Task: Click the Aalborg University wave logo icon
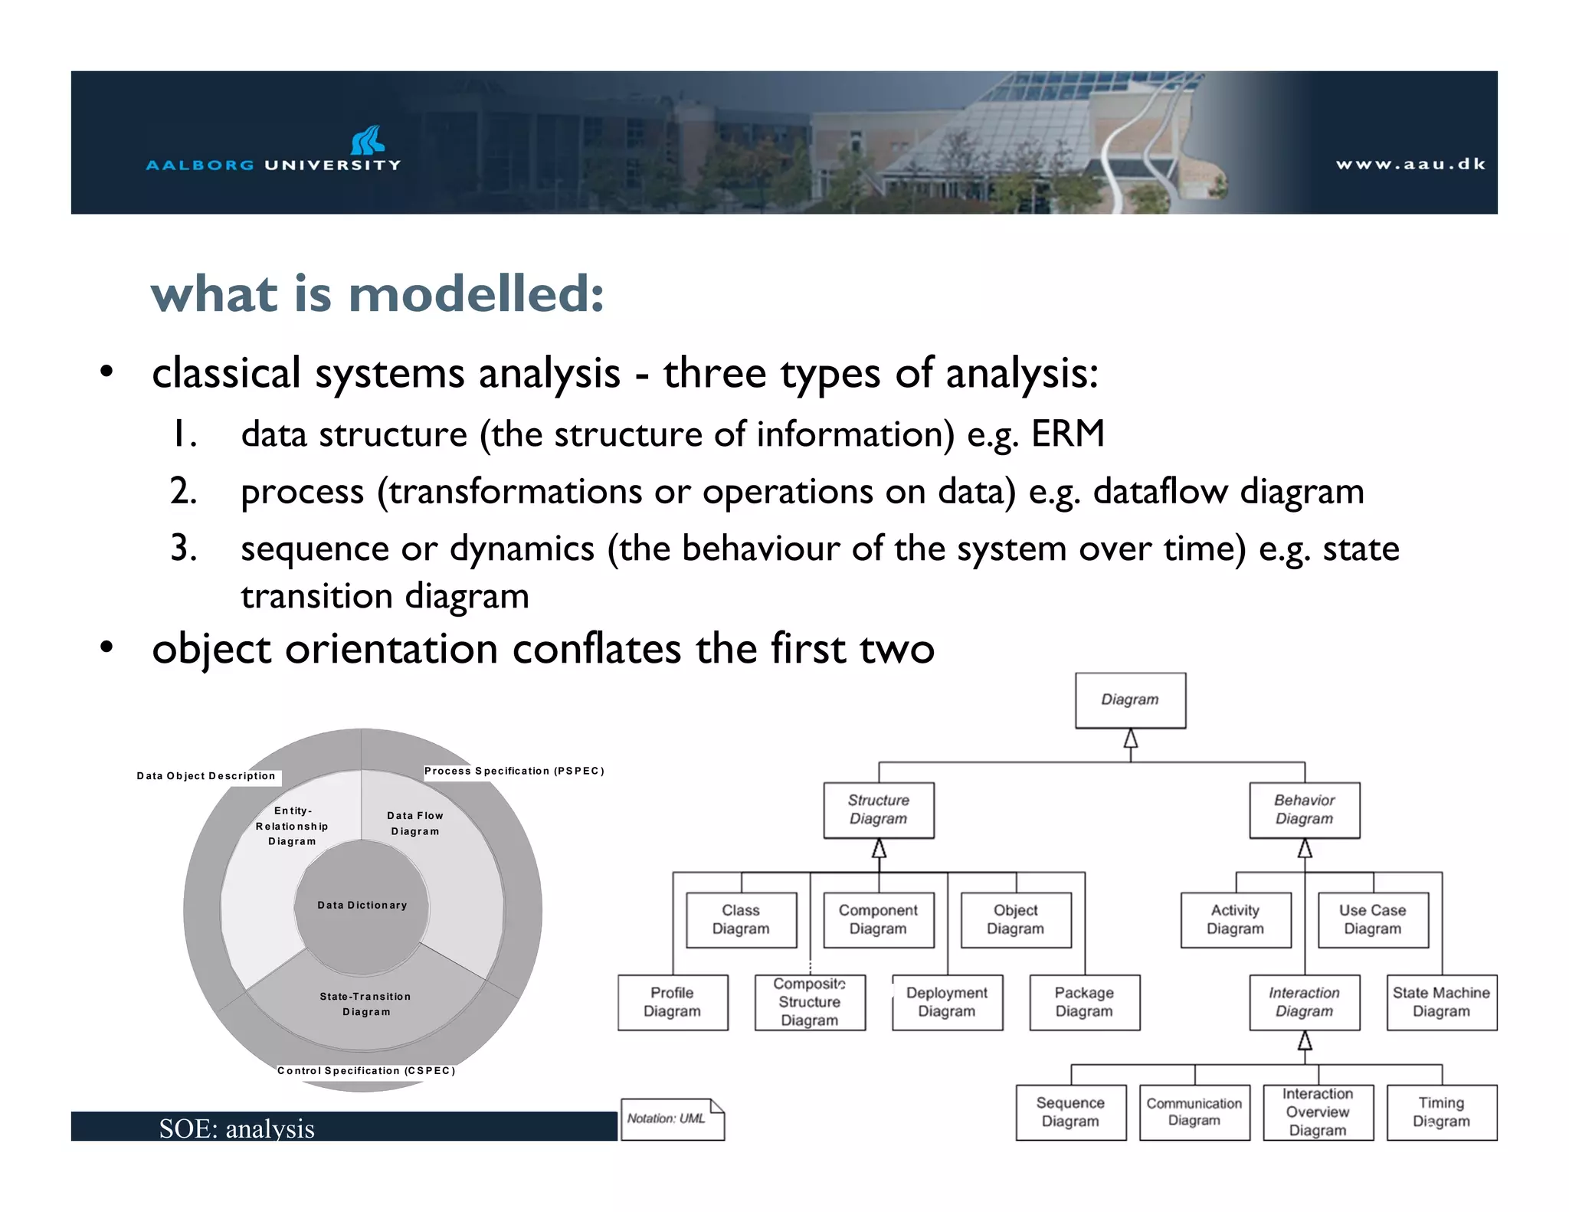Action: tap(367, 140)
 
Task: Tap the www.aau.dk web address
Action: tap(1410, 164)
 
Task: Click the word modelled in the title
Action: tap(476, 294)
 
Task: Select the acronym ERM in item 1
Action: tap(1068, 434)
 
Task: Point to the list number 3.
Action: tap(183, 549)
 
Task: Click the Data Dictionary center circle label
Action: tap(362, 905)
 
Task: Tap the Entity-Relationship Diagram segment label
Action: tap(292, 826)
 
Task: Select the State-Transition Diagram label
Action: tap(365, 1004)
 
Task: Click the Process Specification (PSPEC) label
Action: tap(514, 771)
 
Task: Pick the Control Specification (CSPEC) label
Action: tap(366, 1070)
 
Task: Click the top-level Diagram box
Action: tap(1130, 699)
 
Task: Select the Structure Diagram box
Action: tap(879, 810)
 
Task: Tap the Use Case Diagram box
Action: tap(1372, 919)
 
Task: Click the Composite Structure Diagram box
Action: tap(810, 1002)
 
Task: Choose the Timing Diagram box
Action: tap(1441, 1112)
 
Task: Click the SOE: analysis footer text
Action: tap(237, 1128)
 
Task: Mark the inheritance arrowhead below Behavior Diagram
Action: tap(1305, 848)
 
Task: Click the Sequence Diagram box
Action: tap(1070, 1112)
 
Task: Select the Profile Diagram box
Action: tap(672, 1002)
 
